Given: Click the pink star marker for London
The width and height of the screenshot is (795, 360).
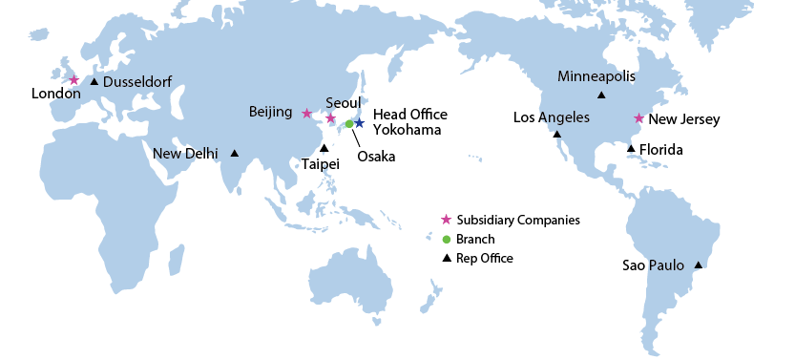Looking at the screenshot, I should point(73,80).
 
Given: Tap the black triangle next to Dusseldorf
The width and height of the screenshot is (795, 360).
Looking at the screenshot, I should point(94,81).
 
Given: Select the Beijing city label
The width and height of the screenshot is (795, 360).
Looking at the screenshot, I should point(270,112).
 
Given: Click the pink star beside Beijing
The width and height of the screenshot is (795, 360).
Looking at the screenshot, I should point(306,114).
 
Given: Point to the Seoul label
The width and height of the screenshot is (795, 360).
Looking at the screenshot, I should point(343,102).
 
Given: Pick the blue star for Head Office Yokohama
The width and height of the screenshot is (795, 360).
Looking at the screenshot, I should point(359,123).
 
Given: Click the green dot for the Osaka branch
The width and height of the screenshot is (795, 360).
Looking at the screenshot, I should point(349,124).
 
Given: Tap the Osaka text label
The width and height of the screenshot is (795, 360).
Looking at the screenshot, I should point(375,157).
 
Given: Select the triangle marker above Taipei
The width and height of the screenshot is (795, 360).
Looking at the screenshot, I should point(324,147).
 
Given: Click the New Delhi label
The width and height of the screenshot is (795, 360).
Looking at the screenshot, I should point(185,153).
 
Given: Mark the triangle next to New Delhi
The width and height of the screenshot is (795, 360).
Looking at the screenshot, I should point(234,153).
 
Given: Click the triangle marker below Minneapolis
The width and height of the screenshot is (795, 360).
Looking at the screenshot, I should point(600,95).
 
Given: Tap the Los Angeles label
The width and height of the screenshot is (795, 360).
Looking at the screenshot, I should point(552,117).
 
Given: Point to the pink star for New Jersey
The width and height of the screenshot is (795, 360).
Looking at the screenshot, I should point(638,119).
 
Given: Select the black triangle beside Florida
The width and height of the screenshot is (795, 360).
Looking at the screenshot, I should point(631,148).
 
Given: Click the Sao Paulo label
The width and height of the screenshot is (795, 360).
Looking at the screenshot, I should point(654,265).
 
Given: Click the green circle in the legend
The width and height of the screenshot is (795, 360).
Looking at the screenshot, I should point(446,239).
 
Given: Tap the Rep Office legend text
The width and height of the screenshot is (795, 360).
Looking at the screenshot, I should point(484,258).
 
